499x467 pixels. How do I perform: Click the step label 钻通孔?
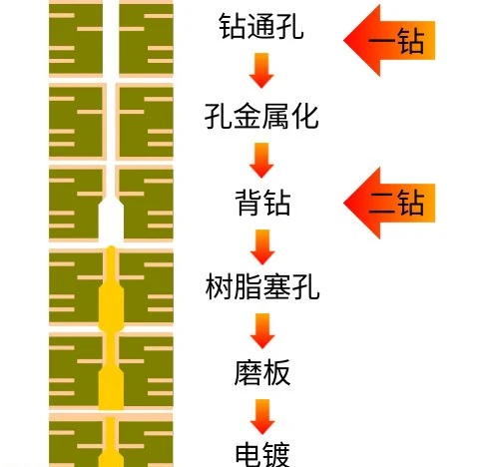click(x=261, y=26)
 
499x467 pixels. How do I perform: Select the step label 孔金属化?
click(x=261, y=117)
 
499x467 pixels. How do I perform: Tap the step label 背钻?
click(x=262, y=203)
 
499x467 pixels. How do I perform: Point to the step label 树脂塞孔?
click(x=262, y=286)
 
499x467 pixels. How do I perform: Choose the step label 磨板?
click(x=262, y=372)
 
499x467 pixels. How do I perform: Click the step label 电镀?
click(x=262, y=454)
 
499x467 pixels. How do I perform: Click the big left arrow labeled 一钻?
click(x=389, y=40)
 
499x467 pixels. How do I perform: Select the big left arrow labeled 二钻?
click(x=389, y=203)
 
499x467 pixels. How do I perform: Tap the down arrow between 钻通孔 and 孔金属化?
click(x=261, y=70)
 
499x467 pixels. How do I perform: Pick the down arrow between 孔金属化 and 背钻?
click(x=261, y=161)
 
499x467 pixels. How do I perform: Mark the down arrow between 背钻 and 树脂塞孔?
click(x=262, y=246)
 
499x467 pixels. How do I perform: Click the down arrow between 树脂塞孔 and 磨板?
click(x=262, y=330)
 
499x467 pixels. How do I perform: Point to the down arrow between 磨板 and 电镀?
click(x=262, y=417)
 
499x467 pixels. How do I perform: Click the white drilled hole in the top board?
click(x=111, y=38)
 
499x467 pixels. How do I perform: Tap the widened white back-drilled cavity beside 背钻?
click(x=111, y=220)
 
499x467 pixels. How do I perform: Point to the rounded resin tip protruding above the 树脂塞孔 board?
click(x=111, y=248)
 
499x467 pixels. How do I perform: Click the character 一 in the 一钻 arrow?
click(x=381, y=42)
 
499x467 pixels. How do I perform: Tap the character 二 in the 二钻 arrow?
click(x=381, y=204)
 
